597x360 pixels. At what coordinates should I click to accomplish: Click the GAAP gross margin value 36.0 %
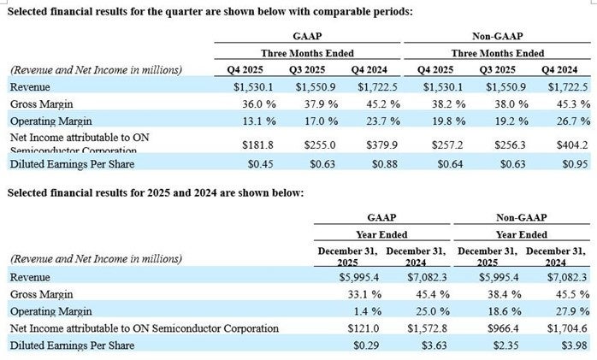(253, 103)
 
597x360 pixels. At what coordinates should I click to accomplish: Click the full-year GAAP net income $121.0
(355, 328)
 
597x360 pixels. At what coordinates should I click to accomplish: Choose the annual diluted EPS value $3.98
(570, 345)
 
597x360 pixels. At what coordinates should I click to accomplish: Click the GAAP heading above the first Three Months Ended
(308, 37)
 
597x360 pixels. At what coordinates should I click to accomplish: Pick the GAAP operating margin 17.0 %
(316, 120)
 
